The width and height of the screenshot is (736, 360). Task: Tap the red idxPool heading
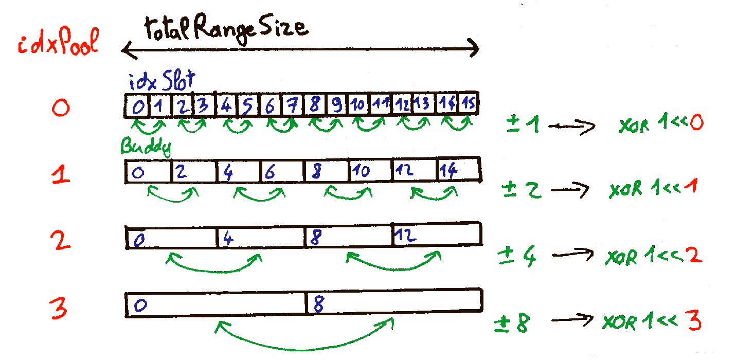pos(58,45)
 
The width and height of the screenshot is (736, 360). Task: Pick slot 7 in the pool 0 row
pos(292,106)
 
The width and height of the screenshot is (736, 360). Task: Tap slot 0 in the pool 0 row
pos(138,107)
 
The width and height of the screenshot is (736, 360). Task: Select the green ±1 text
pos(523,125)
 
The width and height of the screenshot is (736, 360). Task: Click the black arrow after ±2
pos(569,191)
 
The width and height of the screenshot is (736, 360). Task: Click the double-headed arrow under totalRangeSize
pos(300,49)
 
